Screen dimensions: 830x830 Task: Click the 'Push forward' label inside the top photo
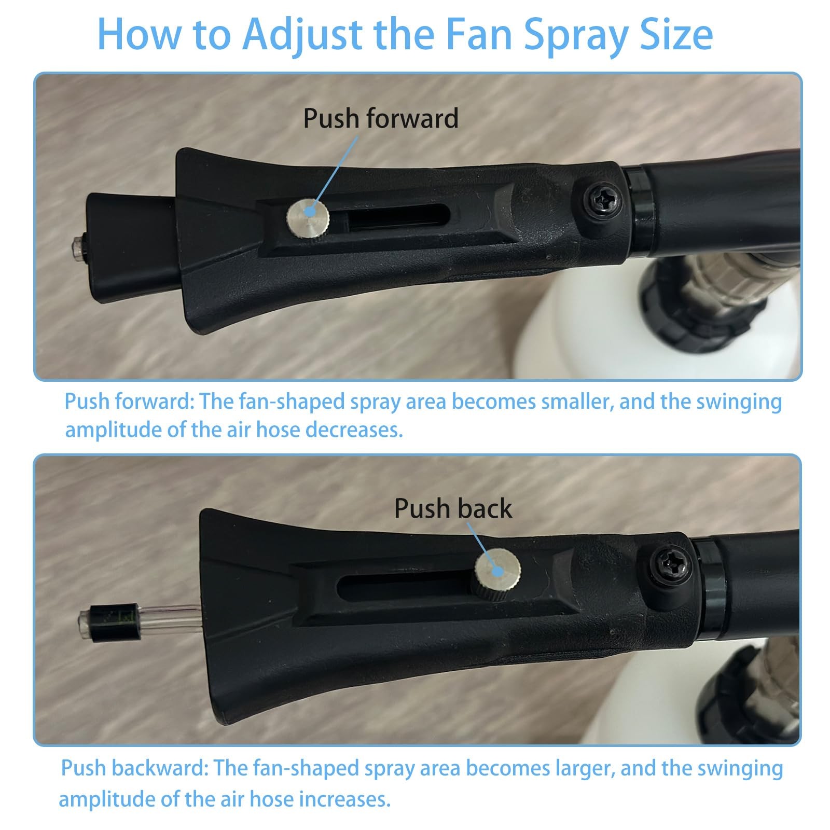pos(381,119)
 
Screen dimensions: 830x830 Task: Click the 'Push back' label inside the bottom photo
pos(453,508)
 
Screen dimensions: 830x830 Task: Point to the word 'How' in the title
pos(139,34)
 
